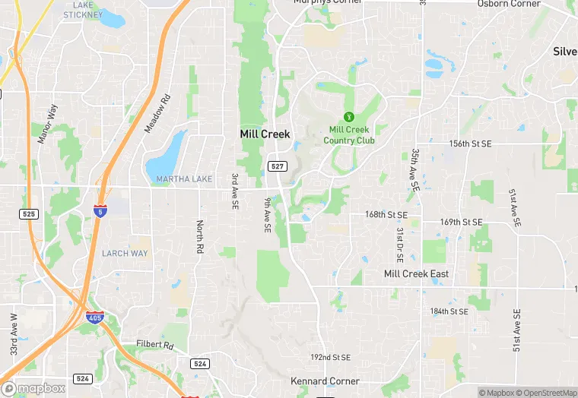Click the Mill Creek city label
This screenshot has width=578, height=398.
265,134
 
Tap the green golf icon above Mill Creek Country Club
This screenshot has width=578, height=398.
349,116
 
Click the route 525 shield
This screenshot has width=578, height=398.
29,214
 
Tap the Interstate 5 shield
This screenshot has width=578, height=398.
100,209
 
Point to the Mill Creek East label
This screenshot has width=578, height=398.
416,273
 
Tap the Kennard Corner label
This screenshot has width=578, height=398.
325,381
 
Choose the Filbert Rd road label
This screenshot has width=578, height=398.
155,345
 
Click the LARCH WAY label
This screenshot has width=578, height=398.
125,253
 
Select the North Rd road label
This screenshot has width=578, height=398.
200,237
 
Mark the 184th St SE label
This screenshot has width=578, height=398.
449,311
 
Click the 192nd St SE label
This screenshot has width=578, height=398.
330,357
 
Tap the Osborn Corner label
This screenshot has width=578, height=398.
509,4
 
